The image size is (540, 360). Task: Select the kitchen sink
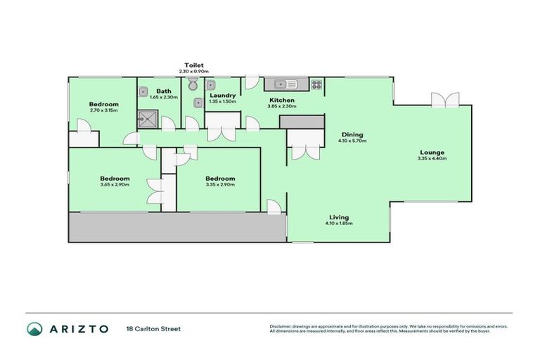click(286, 84)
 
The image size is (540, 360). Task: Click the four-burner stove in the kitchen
click(316, 84)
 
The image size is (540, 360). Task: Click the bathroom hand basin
click(143, 91)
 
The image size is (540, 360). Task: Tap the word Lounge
click(432, 152)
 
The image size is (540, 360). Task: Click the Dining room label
click(352, 134)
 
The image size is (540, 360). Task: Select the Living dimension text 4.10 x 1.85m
click(338, 224)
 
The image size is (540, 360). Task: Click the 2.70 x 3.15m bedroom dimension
click(103, 110)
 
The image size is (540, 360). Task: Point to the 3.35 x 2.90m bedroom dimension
click(220, 185)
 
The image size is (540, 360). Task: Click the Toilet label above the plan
click(194, 64)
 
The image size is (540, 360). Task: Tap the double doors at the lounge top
click(446, 100)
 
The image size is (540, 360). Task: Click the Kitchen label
click(282, 100)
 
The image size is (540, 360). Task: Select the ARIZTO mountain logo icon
click(34, 328)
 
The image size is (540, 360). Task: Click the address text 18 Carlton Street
click(153, 328)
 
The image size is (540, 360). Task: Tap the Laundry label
click(223, 95)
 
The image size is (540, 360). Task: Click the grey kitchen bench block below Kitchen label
click(302, 122)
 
